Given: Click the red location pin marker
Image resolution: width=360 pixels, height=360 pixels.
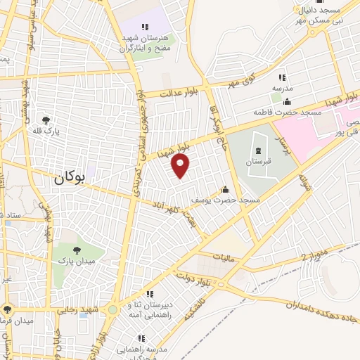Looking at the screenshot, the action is pos(181,166).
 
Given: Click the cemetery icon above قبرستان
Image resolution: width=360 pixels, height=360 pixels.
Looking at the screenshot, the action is pos(257,150).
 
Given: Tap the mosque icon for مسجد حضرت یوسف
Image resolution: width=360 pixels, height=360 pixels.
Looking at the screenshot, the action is pos(225,189).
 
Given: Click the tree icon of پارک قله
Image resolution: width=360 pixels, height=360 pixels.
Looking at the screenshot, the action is pos(46,120).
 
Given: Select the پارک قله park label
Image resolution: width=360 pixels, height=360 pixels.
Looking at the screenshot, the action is pos(47,131).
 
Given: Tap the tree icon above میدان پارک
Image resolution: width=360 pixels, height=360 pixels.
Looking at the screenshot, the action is pos(76,250).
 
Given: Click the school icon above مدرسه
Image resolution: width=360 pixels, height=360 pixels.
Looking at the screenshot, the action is pos(282,77).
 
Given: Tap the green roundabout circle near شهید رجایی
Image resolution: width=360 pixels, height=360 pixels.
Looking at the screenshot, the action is pos(112,309).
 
